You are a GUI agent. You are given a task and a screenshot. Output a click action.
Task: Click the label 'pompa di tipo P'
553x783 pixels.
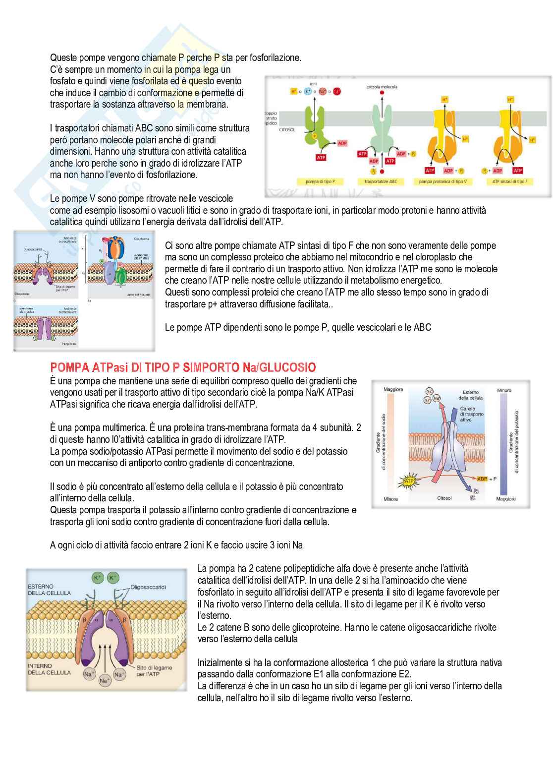coord(320,181)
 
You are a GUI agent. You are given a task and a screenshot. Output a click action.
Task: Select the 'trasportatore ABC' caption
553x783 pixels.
coord(381,181)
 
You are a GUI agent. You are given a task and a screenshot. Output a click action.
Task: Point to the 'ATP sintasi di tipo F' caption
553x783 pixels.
coord(509,181)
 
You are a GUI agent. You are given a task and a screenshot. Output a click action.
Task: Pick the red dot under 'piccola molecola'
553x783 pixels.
coord(382,93)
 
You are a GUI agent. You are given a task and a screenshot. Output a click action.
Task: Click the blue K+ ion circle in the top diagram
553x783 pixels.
coord(308,91)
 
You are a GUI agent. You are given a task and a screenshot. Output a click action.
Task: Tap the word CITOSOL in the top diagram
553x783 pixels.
coord(287,129)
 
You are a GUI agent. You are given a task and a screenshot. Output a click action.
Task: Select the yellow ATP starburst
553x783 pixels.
coord(409,481)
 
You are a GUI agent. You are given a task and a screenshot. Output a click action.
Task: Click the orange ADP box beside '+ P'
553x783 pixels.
coord(482,479)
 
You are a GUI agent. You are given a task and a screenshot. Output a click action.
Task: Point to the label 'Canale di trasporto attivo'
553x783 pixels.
coord(471,414)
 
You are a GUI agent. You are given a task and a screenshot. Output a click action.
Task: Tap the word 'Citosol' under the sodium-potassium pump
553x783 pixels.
coord(444,498)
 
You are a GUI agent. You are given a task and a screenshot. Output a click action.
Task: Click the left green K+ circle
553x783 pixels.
coord(98,578)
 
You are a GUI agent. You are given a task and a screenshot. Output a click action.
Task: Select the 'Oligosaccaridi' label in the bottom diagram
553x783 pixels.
coord(148,587)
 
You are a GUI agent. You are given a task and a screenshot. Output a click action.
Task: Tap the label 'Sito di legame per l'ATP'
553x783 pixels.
coord(154,670)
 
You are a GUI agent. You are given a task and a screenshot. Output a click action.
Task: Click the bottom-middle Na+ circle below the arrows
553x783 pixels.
coord(105,680)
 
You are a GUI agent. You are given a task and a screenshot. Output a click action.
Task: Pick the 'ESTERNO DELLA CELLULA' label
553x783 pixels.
coord(49,590)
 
